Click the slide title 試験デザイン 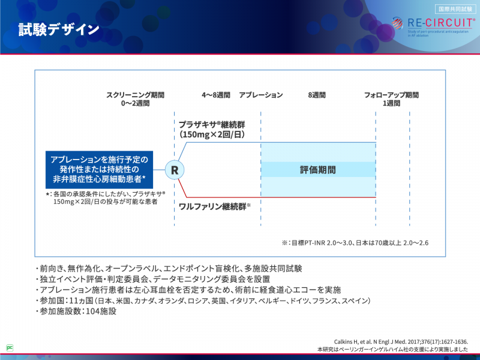(x=58, y=29)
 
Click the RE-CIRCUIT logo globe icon (x=398, y=23)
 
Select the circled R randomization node (x=175, y=170)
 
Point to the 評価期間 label (x=318, y=170)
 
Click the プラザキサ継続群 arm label (x=212, y=124)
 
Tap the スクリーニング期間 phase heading (x=135, y=95)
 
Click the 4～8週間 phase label (x=216, y=95)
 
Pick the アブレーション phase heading (x=261, y=95)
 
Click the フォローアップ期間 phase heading (x=391, y=95)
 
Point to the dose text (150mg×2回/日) (x=211, y=135)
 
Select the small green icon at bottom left (x=10, y=347)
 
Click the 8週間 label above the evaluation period (x=317, y=95)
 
